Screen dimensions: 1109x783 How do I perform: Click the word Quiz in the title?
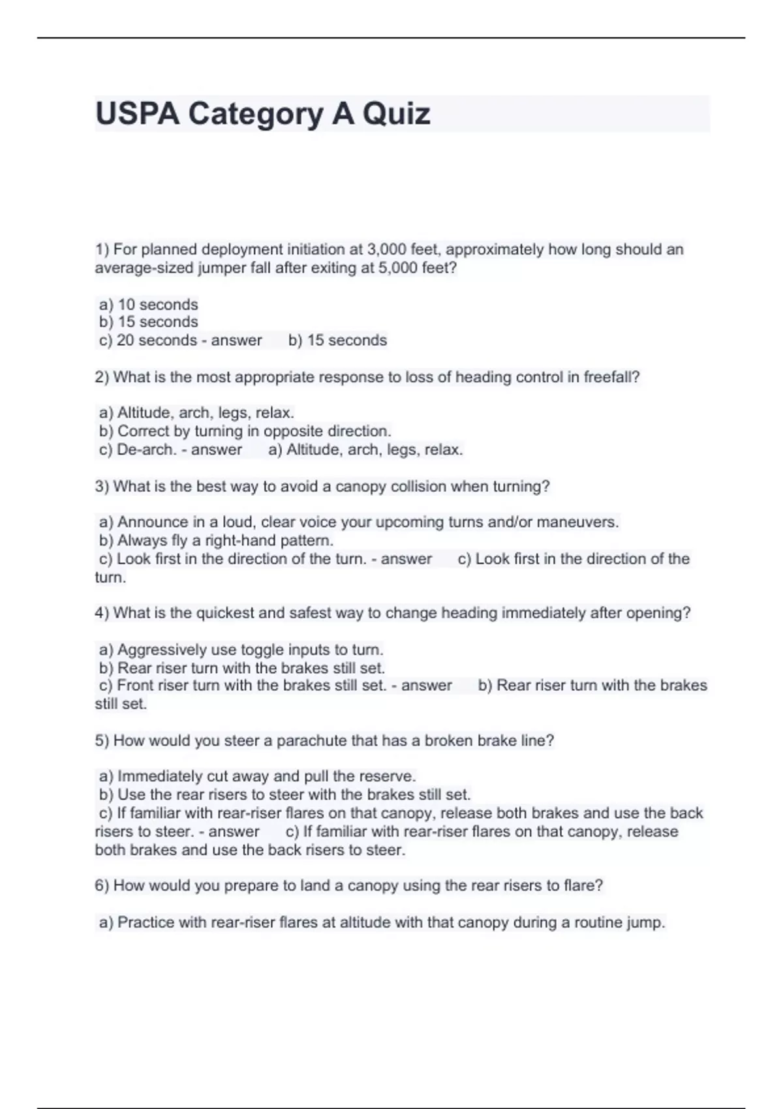pyautogui.click(x=396, y=114)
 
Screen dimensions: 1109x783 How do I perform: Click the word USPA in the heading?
pyautogui.click(x=137, y=114)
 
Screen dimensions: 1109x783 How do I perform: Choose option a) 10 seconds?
pyautogui.click(x=148, y=305)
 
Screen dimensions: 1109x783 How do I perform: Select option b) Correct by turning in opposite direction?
pyautogui.click(x=245, y=431)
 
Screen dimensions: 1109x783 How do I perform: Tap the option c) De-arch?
pyautogui.click(x=138, y=449)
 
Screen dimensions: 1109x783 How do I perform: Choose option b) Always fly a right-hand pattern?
pyautogui.click(x=216, y=541)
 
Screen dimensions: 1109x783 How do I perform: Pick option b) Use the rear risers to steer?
pyautogui.click(x=284, y=795)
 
